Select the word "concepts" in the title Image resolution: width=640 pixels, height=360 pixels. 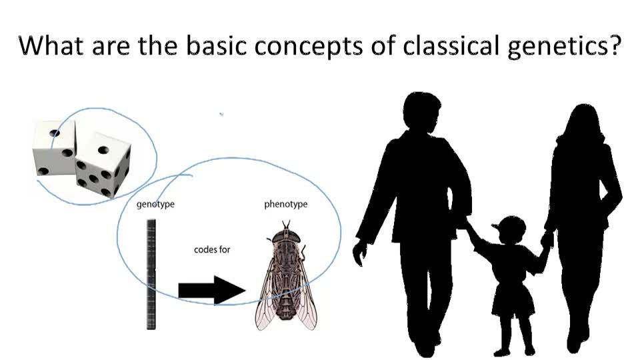click(309, 46)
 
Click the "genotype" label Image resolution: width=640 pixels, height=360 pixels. click(155, 204)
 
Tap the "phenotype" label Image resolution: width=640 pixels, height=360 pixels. click(286, 204)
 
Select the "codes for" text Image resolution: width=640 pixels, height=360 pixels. click(212, 249)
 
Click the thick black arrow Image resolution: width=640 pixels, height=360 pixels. click(212, 290)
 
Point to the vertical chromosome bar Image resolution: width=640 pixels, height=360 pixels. click(151, 274)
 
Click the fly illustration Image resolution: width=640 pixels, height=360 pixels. click(286, 275)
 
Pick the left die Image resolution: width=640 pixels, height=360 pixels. click(54, 148)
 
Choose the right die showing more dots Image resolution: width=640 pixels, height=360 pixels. click(103, 163)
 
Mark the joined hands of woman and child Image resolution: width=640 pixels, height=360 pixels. click(547, 241)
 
